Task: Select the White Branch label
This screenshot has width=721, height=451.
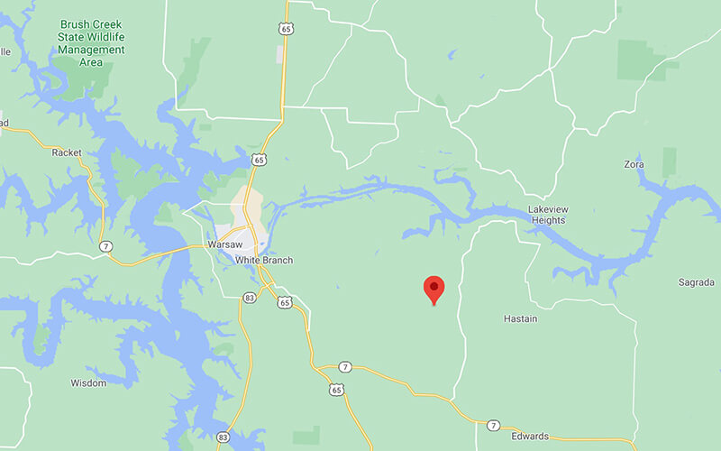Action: click(x=264, y=261)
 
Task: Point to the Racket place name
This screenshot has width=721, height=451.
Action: click(x=67, y=152)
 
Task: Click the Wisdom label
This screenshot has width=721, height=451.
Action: click(x=88, y=383)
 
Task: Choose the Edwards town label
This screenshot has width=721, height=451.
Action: click(x=529, y=437)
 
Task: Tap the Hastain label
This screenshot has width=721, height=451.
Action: click(x=520, y=319)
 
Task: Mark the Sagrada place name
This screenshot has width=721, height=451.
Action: click(x=697, y=282)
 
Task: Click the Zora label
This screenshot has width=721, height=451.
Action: click(x=634, y=165)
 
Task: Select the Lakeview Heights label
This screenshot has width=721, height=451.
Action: click(x=548, y=215)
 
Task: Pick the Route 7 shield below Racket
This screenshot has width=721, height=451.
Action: click(x=106, y=246)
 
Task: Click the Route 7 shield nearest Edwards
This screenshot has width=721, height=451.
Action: click(x=493, y=425)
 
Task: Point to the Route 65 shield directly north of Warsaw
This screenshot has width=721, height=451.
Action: click(x=259, y=160)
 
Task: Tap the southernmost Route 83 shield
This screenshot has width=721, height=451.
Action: click(x=223, y=437)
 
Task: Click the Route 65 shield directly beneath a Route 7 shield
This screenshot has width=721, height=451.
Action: click(x=336, y=390)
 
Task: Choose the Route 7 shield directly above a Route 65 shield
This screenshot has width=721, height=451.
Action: click(x=344, y=367)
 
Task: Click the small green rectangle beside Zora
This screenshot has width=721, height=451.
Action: click(x=669, y=162)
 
